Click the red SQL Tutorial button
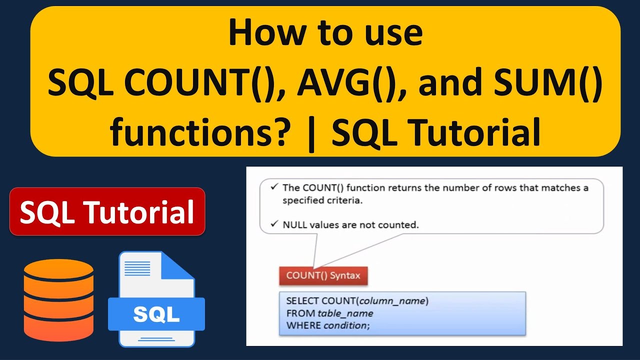(107, 211)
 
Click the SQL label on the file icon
(156, 314)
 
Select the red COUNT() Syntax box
(323, 275)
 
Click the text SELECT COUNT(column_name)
(357, 301)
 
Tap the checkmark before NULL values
(274, 224)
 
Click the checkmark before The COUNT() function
(274, 187)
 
